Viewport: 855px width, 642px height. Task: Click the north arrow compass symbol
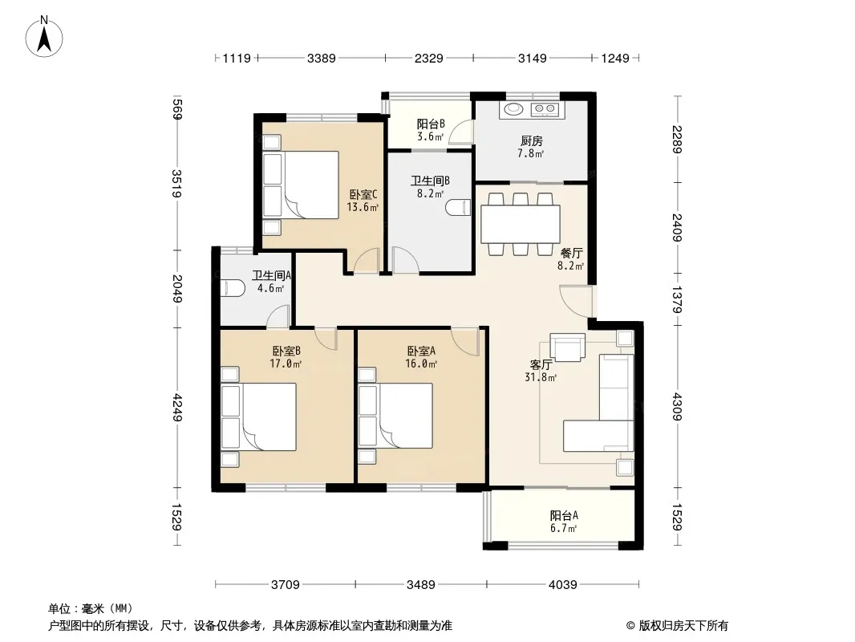[x=44, y=37]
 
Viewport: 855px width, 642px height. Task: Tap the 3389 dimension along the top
[x=321, y=58]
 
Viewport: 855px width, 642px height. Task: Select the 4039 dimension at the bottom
[x=562, y=585]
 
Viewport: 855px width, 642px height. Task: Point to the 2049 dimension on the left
[x=176, y=289]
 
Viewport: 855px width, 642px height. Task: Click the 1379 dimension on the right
[x=677, y=300]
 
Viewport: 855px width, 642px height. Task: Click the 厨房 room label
[x=531, y=141]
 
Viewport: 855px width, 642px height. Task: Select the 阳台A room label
[x=564, y=515]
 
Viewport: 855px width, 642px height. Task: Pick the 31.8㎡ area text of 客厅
[x=541, y=377]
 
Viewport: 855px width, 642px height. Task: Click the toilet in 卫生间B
[x=458, y=208]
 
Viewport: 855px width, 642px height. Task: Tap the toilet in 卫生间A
[x=233, y=287]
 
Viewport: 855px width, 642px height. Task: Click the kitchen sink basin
[x=513, y=109]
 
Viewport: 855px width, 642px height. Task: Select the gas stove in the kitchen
[x=545, y=110]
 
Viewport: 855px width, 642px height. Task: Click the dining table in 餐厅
[x=521, y=224]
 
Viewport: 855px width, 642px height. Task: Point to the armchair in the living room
[x=567, y=347]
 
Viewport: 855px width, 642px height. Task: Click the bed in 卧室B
[x=258, y=416]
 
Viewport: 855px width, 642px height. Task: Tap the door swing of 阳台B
[x=461, y=132]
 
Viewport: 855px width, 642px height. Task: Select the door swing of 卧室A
[x=464, y=341]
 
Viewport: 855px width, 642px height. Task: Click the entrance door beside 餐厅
[x=576, y=301]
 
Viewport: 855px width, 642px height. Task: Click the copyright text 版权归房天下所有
[x=683, y=626]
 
